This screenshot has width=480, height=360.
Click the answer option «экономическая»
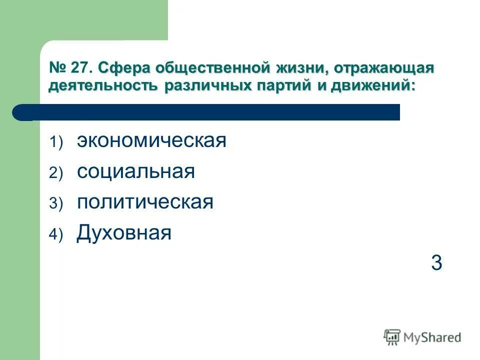click(151, 141)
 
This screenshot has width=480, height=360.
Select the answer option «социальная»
click(135, 171)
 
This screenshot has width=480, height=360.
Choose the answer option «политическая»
click(145, 202)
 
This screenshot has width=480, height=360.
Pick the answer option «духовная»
click(124, 232)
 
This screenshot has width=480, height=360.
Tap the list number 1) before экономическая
click(56, 143)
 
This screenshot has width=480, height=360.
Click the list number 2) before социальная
click(56, 173)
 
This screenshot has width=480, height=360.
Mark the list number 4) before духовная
click(56, 234)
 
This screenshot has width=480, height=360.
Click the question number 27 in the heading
click(82, 68)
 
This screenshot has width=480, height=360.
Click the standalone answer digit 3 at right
click(436, 263)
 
